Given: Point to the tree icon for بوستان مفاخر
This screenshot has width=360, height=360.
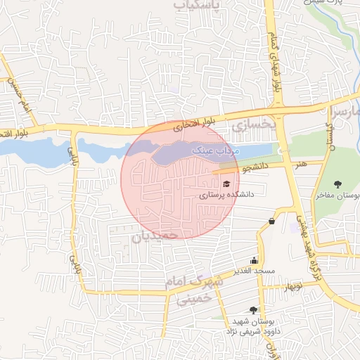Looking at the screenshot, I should coord(339,184).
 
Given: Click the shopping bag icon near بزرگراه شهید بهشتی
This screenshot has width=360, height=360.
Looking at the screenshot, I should coord(271,221).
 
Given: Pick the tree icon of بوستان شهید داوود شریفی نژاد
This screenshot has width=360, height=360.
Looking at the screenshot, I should coord(253,309).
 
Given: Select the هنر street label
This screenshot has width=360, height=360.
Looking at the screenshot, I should coord(301,163).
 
